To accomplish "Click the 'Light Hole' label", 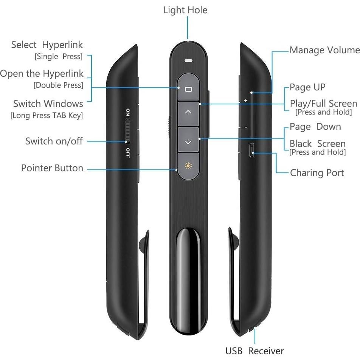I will pyautogui.click(x=185, y=10).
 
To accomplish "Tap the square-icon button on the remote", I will pyautogui.click(x=188, y=89).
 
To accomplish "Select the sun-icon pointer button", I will pyautogui.click(x=188, y=166).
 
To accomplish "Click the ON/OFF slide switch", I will pyautogui.click(x=128, y=131).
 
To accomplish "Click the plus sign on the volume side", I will pyautogui.click(x=246, y=101).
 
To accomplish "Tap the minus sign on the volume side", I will pyautogui.click(x=246, y=127).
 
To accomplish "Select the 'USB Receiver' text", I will pyautogui.click(x=254, y=351).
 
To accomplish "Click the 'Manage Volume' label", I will pyautogui.click(x=324, y=50).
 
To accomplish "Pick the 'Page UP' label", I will pyautogui.click(x=307, y=87).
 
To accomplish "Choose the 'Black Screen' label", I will pyautogui.click(x=318, y=144).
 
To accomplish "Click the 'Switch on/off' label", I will pyautogui.click(x=54, y=141).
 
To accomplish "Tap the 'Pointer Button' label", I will pyautogui.click(x=52, y=168).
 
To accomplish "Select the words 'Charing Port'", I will pyautogui.click(x=317, y=173).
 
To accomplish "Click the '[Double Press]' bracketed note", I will pyautogui.click(x=58, y=85).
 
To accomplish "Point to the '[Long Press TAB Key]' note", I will pyautogui.click(x=47, y=115).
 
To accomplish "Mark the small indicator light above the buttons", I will pyautogui.click(x=188, y=60).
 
